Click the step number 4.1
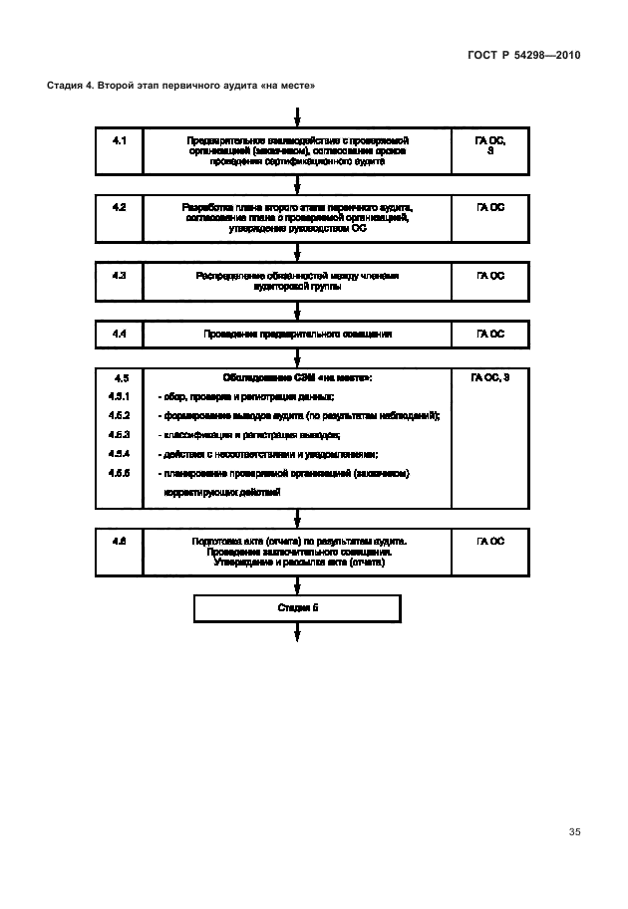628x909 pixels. (x=120, y=141)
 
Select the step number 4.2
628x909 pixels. (x=120, y=207)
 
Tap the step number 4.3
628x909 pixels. (x=120, y=274)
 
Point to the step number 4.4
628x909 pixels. (x=120, y=334)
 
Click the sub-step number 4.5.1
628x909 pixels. (x=120, y=396)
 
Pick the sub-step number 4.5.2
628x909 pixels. (x=120, y=415)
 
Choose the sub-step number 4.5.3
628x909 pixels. (x=120, y=435)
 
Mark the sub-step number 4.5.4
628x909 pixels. (x=120, y=454)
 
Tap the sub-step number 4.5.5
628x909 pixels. (x=120, y=473)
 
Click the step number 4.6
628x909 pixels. (x=120, y=541)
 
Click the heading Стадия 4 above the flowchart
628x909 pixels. (x=181, y=85)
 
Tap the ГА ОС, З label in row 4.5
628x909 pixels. (x=490, y=378)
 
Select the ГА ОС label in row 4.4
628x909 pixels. (x=490, y=334)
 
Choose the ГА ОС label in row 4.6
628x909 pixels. (x=490, y=541)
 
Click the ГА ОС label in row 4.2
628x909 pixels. (x=490, y=207)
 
